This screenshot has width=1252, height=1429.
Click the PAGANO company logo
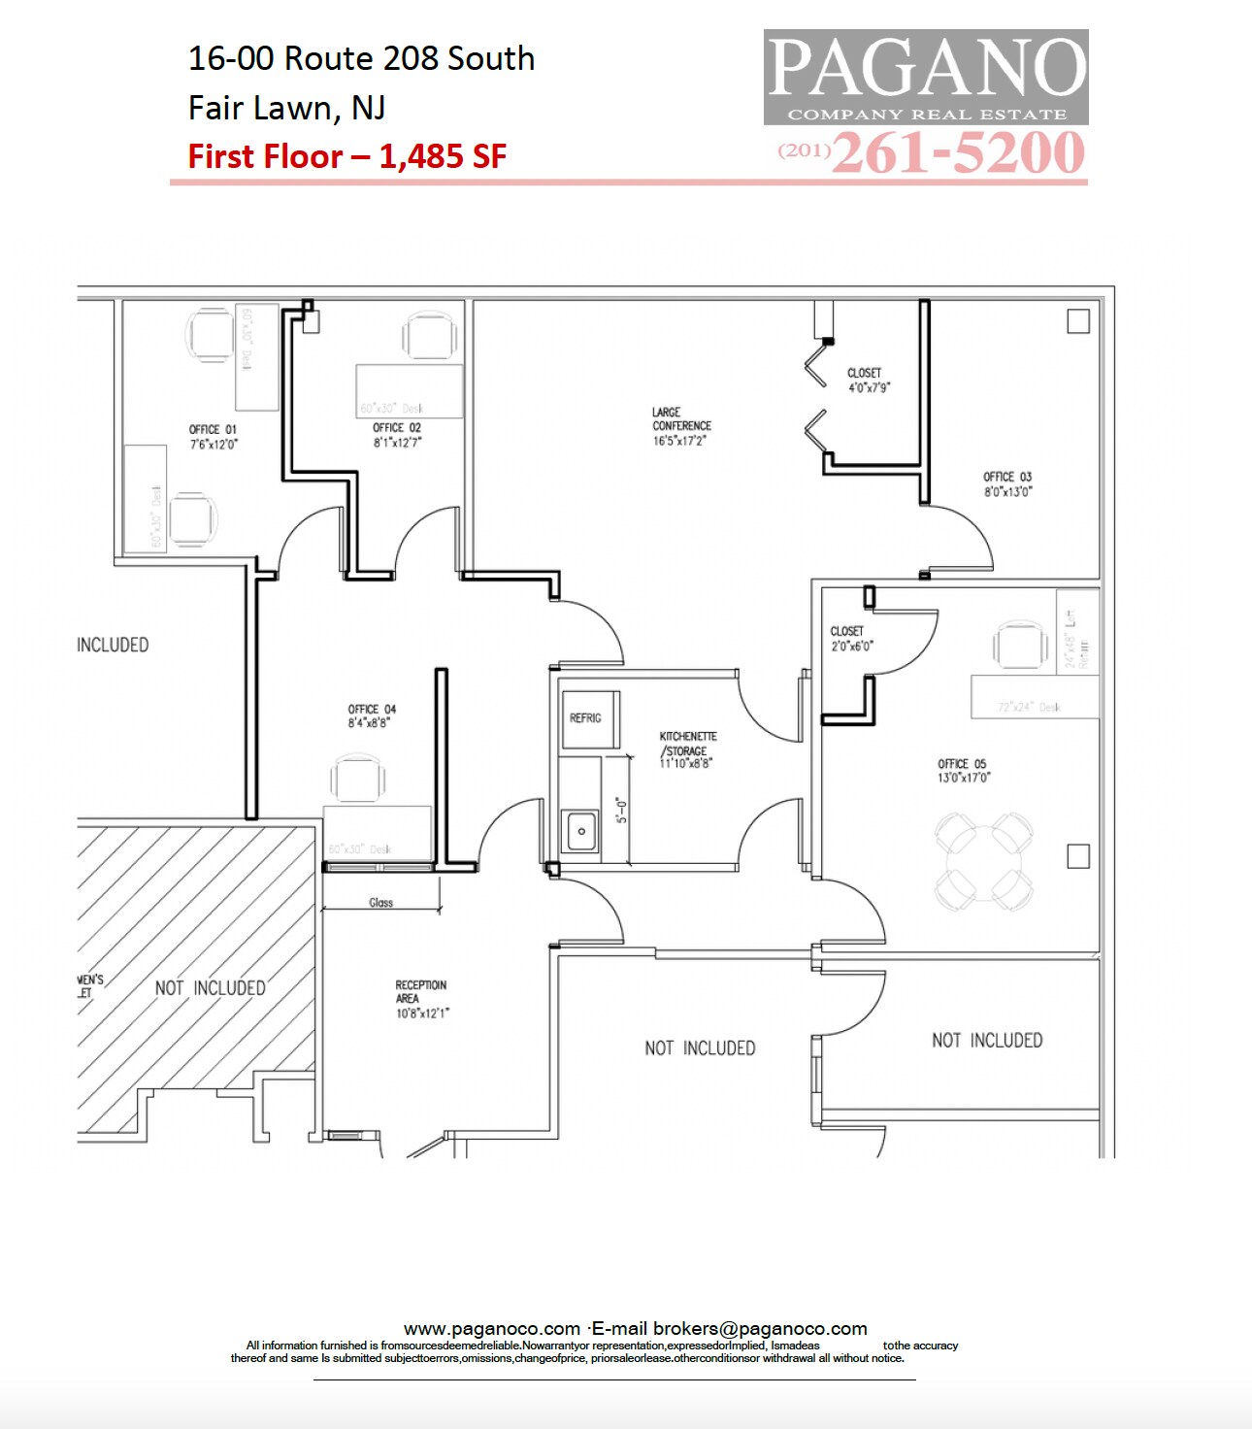click(925, 77)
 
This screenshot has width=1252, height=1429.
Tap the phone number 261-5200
click(957, 153)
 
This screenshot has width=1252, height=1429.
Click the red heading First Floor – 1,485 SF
click(346, 156)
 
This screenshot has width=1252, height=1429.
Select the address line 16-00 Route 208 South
click(361, 58)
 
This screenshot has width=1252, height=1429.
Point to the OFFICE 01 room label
click(213, 436)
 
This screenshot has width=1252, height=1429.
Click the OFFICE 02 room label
click(397, 435)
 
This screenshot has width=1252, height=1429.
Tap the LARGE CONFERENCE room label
click(680, 426)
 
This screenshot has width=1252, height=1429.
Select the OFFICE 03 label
click(1007, 483)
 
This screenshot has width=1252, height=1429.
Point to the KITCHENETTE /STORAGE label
click(687, 749)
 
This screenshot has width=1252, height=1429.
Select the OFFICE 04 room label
click(372, 715)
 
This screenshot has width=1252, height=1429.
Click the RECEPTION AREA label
click(421, 998)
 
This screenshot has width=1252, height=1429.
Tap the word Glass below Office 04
click(380, 903)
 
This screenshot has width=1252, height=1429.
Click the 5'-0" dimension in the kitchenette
click(622, 810)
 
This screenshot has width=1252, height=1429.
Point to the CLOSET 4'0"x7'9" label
click(867, 380)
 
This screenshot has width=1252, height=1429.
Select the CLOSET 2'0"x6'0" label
click(851, 638)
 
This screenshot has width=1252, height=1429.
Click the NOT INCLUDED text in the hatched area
click(210, 988)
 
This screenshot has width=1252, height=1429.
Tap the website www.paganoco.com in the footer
click(491, 1328)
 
